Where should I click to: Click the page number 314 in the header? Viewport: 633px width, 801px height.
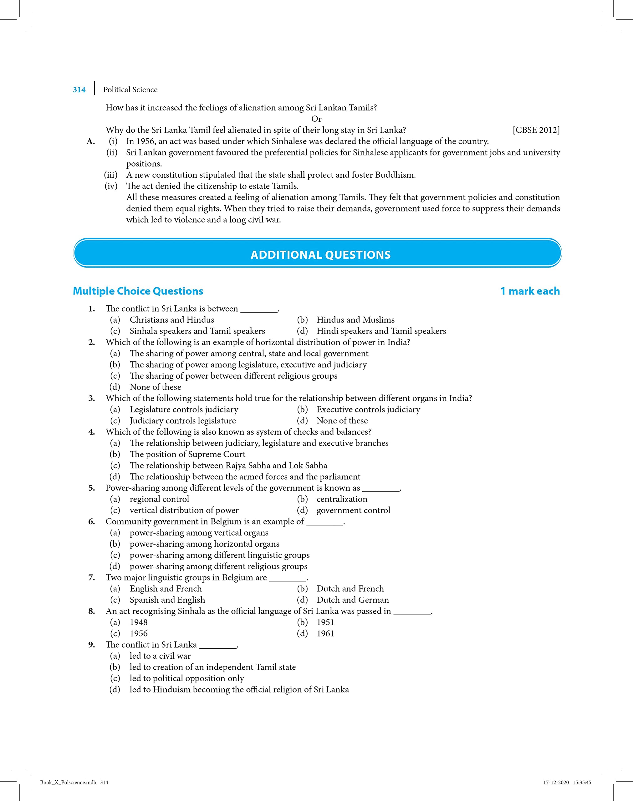(79, 90)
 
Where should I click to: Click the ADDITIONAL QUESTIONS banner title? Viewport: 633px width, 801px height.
(321, 255)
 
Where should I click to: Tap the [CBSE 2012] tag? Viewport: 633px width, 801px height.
(536, 130)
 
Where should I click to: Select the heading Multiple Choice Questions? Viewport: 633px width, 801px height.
(138, 291)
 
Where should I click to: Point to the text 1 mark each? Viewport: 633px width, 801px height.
(530, 291)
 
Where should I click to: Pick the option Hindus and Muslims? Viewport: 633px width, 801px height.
(355, 320)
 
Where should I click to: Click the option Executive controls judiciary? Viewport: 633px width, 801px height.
(368, 409)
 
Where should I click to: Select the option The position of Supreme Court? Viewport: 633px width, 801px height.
(187, 454)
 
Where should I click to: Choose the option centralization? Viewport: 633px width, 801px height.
(342, 499)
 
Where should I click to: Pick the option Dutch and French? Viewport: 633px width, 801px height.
(350, 589)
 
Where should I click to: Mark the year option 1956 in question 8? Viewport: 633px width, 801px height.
(139, 634)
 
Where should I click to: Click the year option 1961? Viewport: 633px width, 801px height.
(325, 634)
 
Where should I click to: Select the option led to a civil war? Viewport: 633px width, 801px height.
(160, 656)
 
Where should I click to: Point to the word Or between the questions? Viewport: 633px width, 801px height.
(316, 119)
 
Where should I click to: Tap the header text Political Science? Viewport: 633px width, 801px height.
(130, 90)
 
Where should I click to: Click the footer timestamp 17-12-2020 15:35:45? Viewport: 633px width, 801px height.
(567, 783)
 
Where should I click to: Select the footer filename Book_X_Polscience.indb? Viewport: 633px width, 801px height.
(68, 783)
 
